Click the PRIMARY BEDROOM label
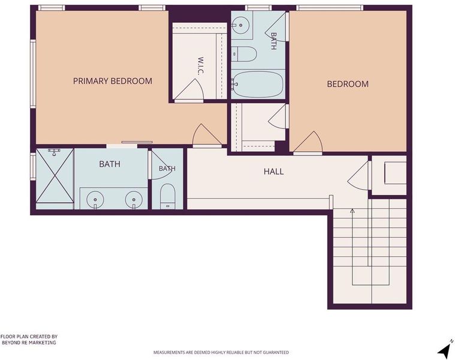(113, 81)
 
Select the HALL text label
(273, 171)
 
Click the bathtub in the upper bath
(257, 84)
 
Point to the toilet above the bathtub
(245, 54)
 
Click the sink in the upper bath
(240, 26)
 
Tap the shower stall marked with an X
(55, 176)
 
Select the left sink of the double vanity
(95, 199)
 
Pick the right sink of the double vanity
(134, 199)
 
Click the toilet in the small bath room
(168, 196)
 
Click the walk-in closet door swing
(189, 90)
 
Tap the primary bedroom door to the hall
(207, 136)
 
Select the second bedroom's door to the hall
(308, 143)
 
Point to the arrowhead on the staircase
(352, 211)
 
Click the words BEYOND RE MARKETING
(29, 343)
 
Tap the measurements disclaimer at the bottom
(221, 352)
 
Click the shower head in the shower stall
(54, 152)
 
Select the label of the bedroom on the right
(348, 84)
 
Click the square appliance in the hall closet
(395, 173)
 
